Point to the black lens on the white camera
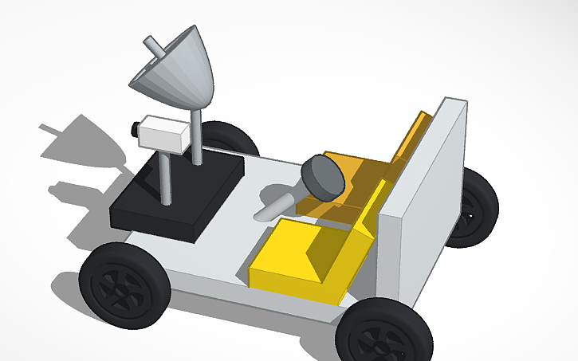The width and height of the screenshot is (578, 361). (x=132, y=128)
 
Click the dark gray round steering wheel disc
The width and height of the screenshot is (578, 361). (x=323, y=176)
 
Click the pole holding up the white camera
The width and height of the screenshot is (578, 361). (x=166, y=175)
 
